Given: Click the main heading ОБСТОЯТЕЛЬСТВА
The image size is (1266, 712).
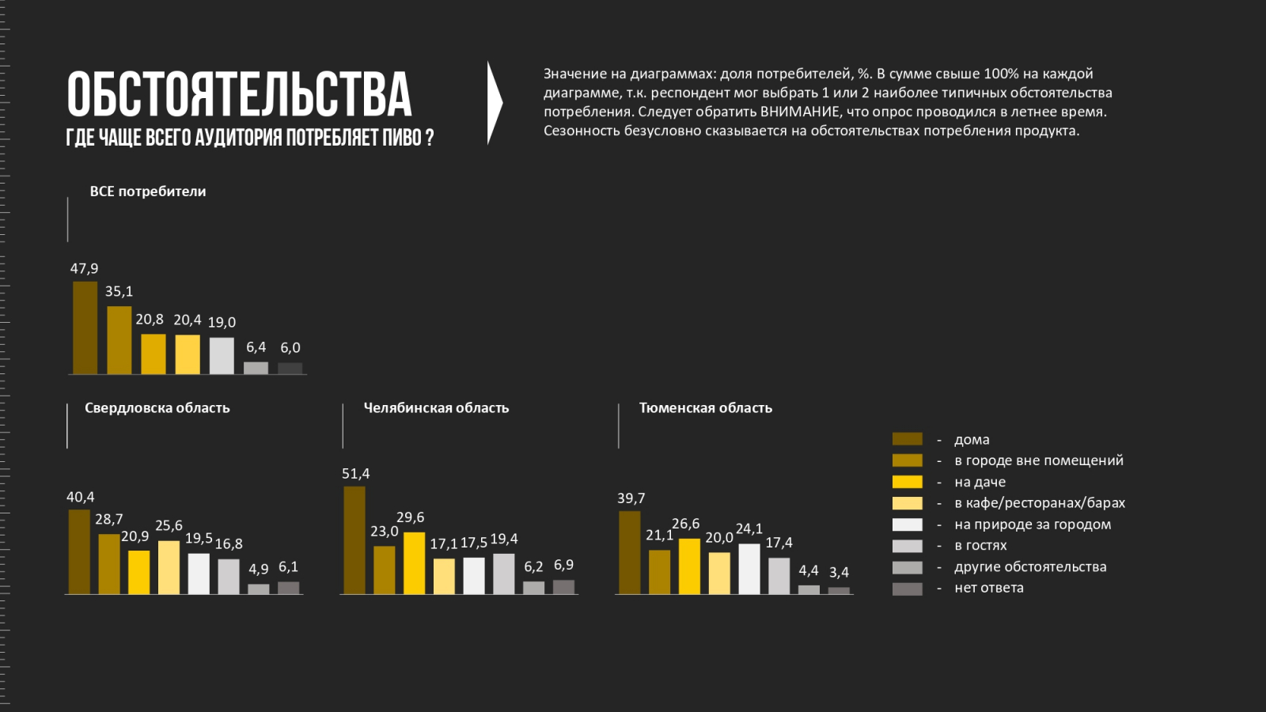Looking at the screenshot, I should pos(239,95).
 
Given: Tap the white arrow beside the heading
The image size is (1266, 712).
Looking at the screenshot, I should pos(494,103).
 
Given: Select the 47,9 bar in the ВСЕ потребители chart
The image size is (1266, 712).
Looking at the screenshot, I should pos(85,328).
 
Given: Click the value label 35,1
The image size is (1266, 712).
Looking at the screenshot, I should pos(119,292).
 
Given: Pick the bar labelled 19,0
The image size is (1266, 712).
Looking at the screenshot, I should pos(222,355).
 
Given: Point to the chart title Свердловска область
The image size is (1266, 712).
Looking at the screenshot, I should pos(157,408).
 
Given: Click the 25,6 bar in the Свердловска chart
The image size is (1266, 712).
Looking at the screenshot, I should pos(169,567).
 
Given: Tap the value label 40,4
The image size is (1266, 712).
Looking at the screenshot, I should pos(80,498).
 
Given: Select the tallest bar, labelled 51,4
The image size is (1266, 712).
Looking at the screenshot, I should pos(354,540).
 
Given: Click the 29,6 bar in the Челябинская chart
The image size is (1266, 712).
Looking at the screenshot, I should pos(415,562).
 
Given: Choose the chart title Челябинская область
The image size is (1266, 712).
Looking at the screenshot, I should pos(436,408).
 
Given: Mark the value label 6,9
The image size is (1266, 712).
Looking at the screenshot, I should pos(563,565).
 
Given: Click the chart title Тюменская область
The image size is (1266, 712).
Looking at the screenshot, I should pos(705,408).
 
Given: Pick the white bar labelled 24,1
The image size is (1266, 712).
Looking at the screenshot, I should pos(749,569).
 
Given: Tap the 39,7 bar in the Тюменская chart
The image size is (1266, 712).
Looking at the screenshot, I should pos(630,552).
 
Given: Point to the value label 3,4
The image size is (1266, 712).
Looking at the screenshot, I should pos(839,572).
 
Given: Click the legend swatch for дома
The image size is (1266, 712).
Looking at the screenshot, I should pos(907,439).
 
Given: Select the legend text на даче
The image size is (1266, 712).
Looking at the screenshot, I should pos(980,482).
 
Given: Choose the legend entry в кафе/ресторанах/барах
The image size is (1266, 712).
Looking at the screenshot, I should pos(1039,503).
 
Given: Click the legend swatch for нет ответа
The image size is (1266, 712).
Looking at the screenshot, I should pos(907,589).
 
